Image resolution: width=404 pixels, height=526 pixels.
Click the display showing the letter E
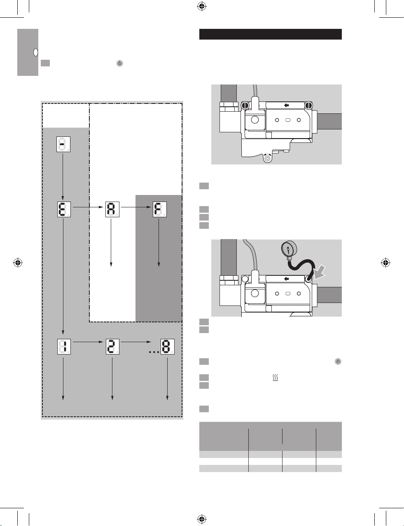[64, 209]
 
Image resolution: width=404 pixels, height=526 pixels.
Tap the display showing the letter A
[112, 209]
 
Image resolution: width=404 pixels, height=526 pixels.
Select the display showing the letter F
[160, 209]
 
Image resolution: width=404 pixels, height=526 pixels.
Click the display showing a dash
[63, 144]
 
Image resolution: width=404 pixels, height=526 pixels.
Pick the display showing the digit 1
[64, 347]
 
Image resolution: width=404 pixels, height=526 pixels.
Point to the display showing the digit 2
[112, 347]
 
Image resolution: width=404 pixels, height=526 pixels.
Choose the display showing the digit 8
[168, 347]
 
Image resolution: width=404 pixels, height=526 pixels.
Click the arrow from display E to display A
[88, 207]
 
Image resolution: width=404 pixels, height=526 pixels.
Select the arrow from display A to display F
[136, 207]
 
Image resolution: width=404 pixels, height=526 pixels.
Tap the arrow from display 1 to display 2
[88, 342]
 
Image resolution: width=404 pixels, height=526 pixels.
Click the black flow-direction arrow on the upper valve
[287, 105]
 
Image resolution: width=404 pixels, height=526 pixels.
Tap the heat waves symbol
[276, 378]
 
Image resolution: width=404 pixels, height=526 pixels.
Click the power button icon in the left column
[120, 63]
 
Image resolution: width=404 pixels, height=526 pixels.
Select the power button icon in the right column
[338, 362]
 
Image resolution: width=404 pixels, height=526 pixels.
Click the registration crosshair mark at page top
[202, 7]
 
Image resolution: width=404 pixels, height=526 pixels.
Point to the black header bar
[271, 34]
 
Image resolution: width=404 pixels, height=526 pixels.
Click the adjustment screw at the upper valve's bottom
[267, 159]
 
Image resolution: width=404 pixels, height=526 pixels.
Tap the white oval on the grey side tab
[35, 52]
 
